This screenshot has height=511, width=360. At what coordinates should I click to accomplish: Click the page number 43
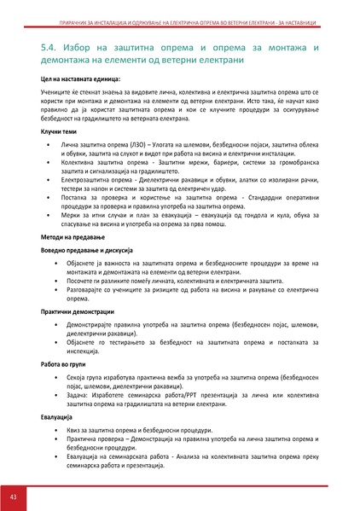(x=14, y=496)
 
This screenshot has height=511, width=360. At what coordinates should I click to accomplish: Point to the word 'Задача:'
(x=76, y=395)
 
